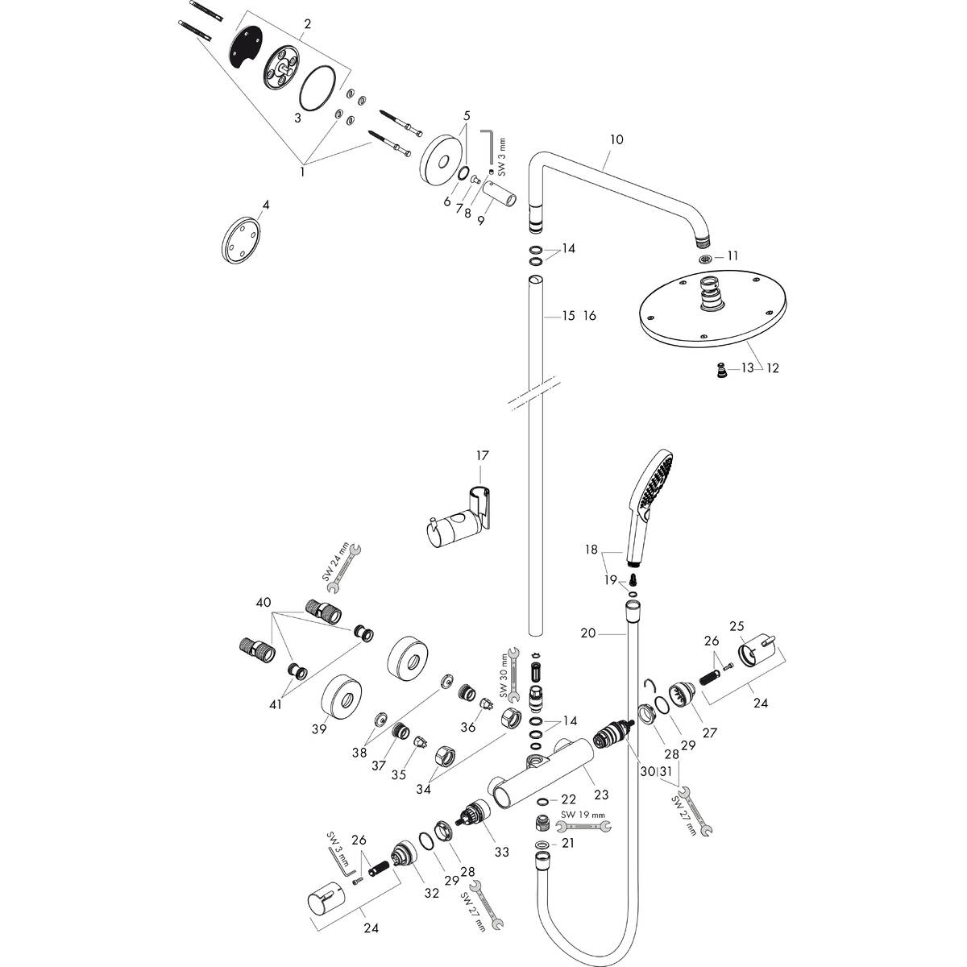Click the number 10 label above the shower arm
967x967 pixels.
click(616, 139)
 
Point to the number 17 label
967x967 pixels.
click(482, 455)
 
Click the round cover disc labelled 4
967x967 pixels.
click(242, 239)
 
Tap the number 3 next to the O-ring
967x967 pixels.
click(297, 118)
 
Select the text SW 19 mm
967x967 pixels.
click(583, 815)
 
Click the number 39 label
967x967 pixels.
click(319, 728)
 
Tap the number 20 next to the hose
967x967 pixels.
click(587, 633)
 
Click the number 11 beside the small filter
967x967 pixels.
click(733, 255)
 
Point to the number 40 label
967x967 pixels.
click(264, 602)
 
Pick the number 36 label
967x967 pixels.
click(468, 727)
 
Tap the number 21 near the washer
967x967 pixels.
click(569, 843)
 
